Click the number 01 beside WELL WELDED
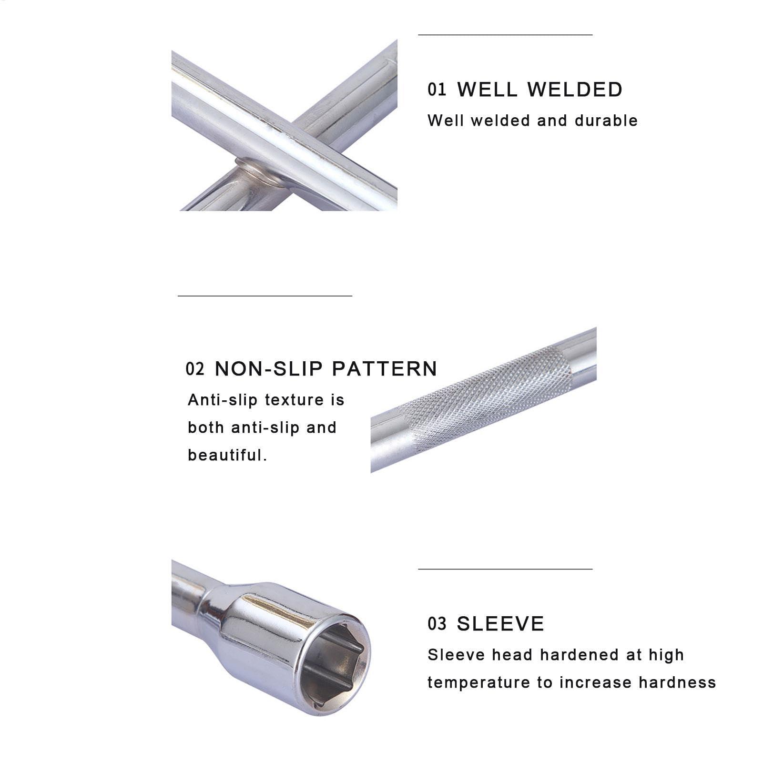(437, 89)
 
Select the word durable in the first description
(606, 121)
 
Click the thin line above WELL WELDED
(505, 34)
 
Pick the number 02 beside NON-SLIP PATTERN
(195, 368)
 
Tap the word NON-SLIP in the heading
(269, 369)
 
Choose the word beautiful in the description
(227, 455)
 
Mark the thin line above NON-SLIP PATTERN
(265, 295)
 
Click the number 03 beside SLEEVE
(437, 623)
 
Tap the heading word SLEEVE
(500, 624)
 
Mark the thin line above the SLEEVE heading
(505, 569)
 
